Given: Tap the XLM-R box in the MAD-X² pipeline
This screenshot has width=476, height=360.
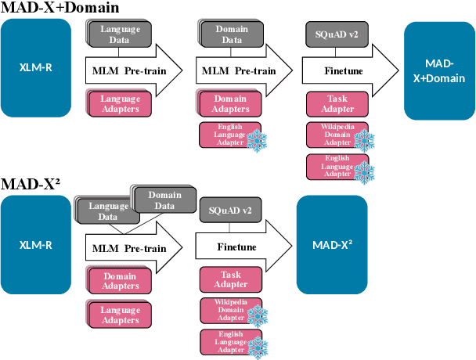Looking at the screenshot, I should tap(35, 244).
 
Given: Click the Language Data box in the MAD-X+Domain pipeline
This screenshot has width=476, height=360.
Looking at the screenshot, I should tap(120, 34).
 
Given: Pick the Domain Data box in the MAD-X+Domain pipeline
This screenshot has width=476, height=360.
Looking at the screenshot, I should tap(231, 34).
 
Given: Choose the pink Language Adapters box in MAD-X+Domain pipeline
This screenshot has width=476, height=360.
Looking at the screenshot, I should tap(120, 104).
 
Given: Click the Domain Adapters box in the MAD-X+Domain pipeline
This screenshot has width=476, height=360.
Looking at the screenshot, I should tap(231, 104).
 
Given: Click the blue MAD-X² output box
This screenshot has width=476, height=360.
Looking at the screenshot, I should tap(332, 244).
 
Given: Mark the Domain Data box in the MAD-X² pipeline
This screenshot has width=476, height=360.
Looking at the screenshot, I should tap(164, 200).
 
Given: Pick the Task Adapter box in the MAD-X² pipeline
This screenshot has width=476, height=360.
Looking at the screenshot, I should tap(230, 279).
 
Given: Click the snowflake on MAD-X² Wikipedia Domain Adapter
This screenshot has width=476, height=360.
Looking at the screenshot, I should tap(257, 316).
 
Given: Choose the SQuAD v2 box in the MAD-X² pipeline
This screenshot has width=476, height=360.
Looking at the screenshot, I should tap(230, 210).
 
